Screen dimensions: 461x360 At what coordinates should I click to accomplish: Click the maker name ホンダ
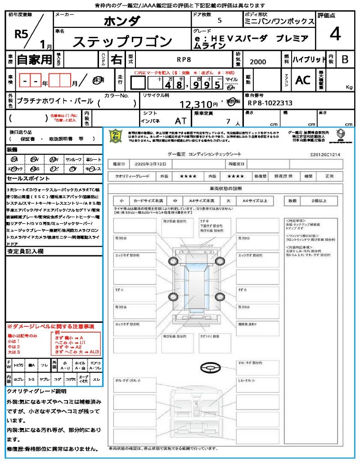[x=121, y=21]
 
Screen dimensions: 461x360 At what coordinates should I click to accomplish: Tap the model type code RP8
[x=184, y=59]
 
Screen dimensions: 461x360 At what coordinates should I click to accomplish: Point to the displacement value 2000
[x=258, y=62]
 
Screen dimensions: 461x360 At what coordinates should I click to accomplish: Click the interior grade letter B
[x=345, y=59]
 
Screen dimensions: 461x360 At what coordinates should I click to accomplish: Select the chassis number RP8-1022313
[x=270, y=103]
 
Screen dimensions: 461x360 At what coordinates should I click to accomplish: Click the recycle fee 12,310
[x=196, y=104]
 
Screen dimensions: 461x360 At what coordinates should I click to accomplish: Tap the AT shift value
[x=181, y=121]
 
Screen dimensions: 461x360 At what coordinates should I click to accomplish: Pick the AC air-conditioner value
[x=303, y=80]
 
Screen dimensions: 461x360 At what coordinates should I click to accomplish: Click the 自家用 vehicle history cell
[x=34, y=59]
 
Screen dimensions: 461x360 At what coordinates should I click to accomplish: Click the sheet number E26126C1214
[x=325, y=154]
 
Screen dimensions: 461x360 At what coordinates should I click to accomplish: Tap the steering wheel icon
[x=210, y=368]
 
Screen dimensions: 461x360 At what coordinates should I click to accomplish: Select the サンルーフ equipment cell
[x=74, y=159]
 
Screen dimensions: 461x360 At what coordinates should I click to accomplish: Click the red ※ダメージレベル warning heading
[x=50, y=326]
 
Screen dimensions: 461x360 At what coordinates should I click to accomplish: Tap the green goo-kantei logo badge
[x=117, y=136]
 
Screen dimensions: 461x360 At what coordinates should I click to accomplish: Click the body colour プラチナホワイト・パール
[x=55, y=101]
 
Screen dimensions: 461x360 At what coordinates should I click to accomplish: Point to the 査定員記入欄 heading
[x=25, y=252]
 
